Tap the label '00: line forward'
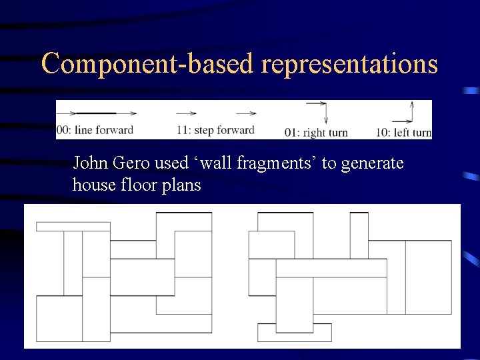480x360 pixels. pos(95,130)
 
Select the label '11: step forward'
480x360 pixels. pos(216,130)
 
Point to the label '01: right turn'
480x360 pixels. pos(316,132)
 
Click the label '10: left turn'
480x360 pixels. pos(403,132)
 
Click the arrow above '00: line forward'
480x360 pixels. pos(87,113)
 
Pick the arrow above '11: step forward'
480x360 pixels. pos(188,113)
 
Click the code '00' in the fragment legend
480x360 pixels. pos(61,130)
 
